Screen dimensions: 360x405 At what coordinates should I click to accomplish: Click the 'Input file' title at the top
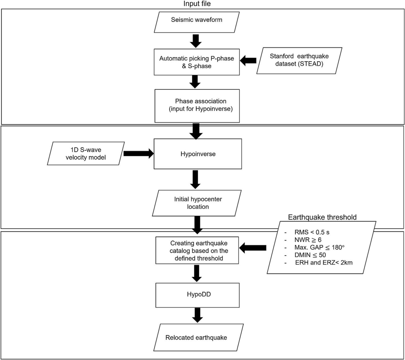(197, 4)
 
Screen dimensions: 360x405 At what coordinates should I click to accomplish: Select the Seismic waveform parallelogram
(197, 22)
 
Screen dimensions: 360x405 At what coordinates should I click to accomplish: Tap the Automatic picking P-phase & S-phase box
(197, 62)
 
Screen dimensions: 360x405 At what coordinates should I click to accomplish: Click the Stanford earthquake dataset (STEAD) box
(299, 60)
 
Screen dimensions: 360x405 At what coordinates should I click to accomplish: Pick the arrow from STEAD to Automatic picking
(248, 60)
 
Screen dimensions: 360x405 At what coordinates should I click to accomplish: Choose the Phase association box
(197, 106)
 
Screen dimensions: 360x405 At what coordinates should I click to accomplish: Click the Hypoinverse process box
(198, 154)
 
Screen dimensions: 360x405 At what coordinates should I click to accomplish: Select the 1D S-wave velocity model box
(86, 154)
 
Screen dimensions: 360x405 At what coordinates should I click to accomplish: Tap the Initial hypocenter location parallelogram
(197, 203)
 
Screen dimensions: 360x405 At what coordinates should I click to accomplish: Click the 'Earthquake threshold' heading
(322, 217)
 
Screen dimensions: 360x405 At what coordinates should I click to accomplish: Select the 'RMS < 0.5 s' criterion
(312, 232)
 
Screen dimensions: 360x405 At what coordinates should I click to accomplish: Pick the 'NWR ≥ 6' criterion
(308, 240)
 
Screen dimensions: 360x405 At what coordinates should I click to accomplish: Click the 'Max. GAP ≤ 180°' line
(319, 247)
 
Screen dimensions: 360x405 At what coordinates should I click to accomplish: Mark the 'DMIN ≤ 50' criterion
(310, 255)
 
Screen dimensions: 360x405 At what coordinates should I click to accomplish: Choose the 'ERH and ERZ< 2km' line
(324, 262)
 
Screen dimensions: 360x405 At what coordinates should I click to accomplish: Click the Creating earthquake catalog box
(197, 251)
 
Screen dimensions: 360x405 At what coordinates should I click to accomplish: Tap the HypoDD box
(197, 295)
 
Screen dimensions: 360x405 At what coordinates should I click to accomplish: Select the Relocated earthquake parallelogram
(197, 338)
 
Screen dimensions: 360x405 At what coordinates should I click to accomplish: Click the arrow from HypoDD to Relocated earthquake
(197, 315)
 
